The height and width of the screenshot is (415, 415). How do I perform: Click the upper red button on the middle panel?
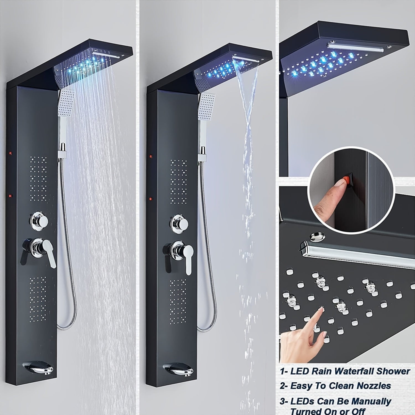[x=151, y=156]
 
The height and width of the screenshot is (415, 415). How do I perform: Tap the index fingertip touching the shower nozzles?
[x=321, y=310]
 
